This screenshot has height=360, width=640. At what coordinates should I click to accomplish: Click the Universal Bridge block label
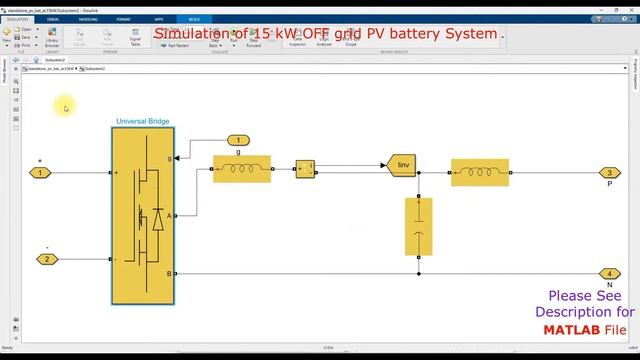click(x=142, y=121)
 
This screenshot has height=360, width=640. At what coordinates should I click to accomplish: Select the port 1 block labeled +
click(x=41, y=173)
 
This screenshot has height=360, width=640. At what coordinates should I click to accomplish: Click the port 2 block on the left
click(x=46, y=259)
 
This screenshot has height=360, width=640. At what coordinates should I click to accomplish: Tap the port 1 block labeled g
click(x=238, y=139)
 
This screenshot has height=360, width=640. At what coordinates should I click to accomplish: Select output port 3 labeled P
click(x=609, y=173)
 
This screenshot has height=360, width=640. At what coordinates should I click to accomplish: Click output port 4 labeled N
click(x=609, y=273)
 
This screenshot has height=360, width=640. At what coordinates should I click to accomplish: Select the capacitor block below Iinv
click(x=419, y=226)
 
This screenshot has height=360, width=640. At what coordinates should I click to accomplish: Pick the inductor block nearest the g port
click(x=241, y=169)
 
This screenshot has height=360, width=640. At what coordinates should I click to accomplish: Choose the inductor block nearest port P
click(x=479, y=172)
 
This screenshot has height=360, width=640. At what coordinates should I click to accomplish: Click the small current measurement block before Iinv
click(x=305, y=168)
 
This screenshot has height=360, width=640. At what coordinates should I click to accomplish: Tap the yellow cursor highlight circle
click(x=65, y=108)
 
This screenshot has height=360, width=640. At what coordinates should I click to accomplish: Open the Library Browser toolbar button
click(x=52, y=41)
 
